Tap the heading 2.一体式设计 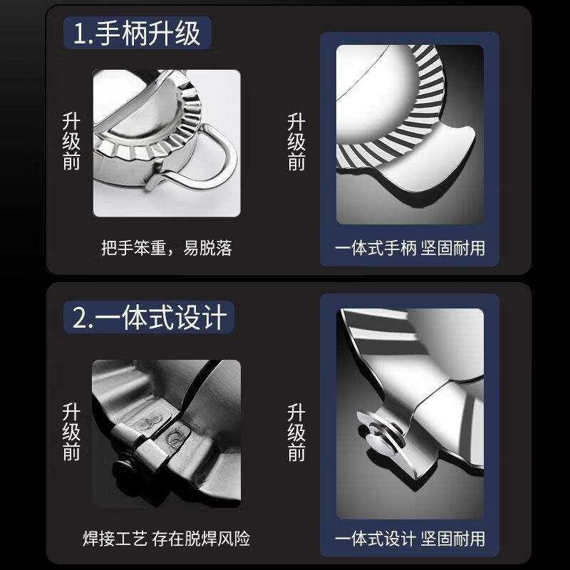tap(149, 316)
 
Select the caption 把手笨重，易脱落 tap(167, 248)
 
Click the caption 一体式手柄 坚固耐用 tap(410, 248)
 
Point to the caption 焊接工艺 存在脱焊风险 tap(166, 538)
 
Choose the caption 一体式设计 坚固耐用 tap(410, 538)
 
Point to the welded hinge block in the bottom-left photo tap(153, 445)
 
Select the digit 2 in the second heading tap(80, 316)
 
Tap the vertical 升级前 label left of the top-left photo tap(72, 140)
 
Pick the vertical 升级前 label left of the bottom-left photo tap(72, 431)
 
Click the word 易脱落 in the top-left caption tap(210, 248)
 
